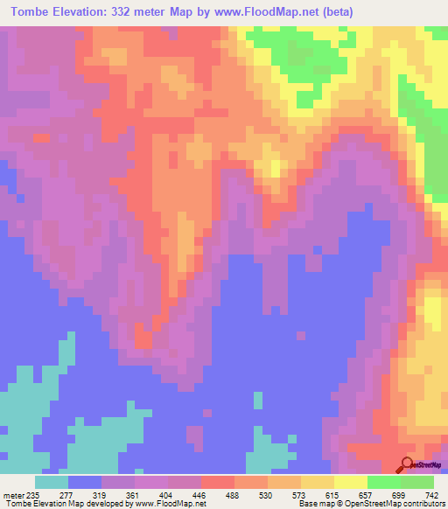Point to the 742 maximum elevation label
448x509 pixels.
coord(433,495)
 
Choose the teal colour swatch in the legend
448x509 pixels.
coord(52,482)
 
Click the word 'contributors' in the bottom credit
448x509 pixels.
coord(421,504)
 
